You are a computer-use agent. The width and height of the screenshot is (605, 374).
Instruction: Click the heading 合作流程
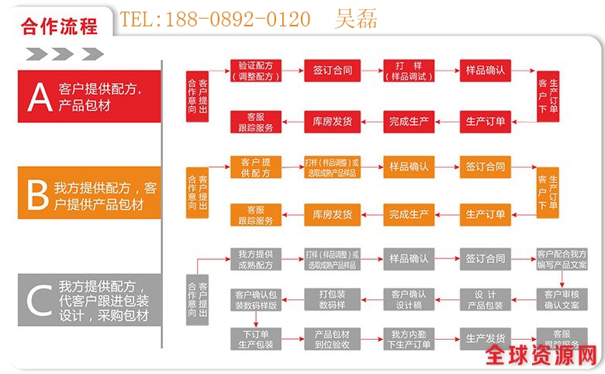(60, 25)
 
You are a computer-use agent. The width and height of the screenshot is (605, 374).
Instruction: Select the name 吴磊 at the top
(356, 19)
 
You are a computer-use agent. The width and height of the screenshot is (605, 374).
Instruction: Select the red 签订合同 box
(333, 71)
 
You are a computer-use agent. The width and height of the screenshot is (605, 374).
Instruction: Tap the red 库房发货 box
(333, 121)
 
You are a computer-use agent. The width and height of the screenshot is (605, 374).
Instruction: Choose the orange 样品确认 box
(409, 167)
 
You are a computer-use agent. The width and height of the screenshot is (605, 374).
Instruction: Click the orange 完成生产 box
(409, 214)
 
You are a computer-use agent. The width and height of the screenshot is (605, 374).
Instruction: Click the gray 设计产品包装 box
(485, 300)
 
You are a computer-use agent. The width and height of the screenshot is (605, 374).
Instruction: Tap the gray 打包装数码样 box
(333, 300)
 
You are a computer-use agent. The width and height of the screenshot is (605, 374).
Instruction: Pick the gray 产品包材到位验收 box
(333, 340)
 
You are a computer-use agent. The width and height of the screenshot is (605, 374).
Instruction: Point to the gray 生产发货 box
(485, 338)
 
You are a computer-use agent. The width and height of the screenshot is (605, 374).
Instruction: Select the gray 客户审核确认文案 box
(562, 300)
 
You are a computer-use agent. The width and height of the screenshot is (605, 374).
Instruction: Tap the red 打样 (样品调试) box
(409, 71)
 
